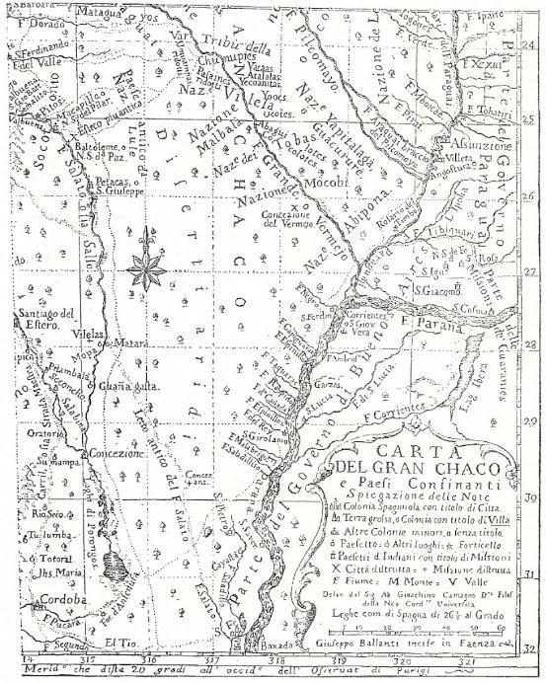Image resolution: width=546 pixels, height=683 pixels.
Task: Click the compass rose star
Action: tap(146, 263)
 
